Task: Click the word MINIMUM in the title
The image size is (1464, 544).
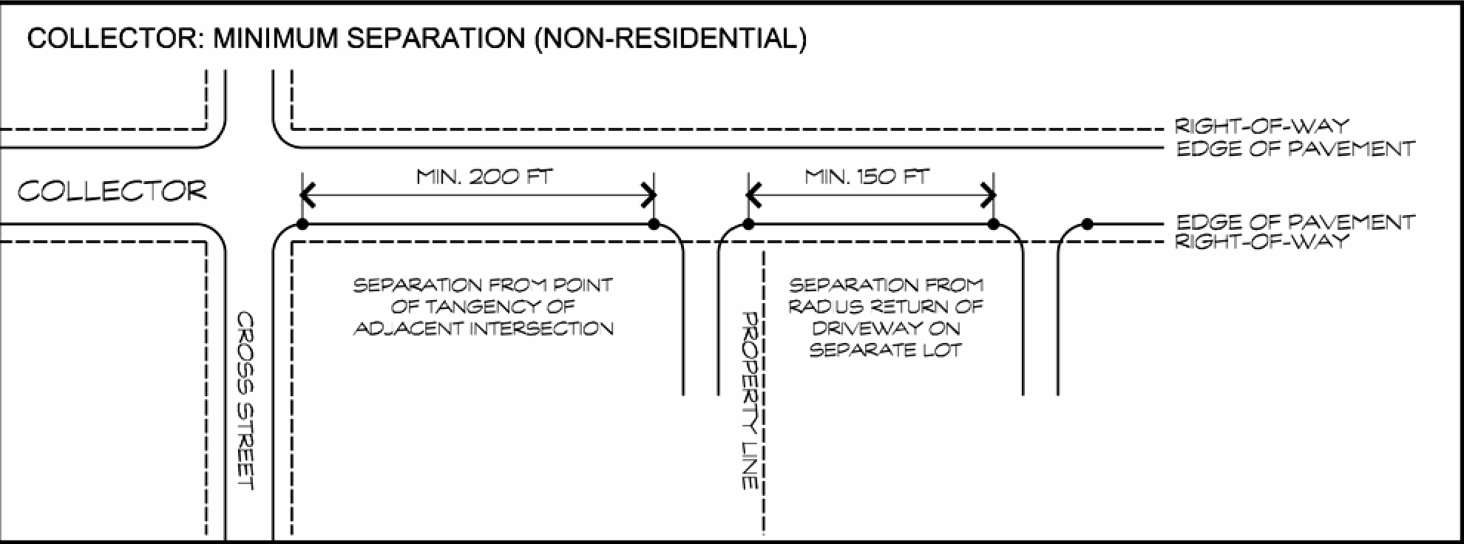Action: [276, 38]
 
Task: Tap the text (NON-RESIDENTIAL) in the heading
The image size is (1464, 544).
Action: [669, 38]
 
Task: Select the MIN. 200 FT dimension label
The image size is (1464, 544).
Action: [484, 177]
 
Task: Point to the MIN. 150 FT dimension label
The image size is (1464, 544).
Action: [867, 177]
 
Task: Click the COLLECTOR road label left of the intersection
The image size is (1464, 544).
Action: [112, 191]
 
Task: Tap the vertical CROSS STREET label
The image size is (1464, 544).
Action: [245, 401]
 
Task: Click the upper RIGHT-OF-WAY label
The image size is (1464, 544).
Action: [1261, 126]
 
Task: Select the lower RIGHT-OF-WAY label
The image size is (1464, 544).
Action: [1261, 242]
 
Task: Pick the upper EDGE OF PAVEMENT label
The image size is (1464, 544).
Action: [1295, 149]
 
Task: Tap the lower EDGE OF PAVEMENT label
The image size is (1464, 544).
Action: [1295, 222]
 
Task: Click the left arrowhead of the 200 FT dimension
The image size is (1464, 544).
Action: [307, 197]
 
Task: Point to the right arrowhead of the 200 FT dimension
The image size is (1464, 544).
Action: [649, 197]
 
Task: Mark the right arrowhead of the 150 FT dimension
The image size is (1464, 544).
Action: [989, 197]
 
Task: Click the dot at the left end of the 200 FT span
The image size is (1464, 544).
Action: [302, 224]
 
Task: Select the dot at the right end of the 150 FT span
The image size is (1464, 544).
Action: [994, 224]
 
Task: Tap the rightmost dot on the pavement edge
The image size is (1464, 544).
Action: [1087, 224]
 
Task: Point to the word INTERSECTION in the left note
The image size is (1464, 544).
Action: [542, 328]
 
